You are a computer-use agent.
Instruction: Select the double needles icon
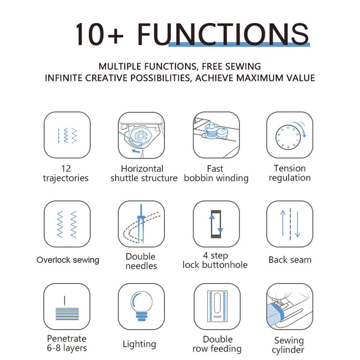[x=141, y=224]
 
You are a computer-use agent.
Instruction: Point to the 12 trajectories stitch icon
[x=67, y=135]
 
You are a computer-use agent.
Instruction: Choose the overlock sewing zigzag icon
[x=67, y=224]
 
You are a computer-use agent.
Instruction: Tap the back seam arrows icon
[x=289, y=224]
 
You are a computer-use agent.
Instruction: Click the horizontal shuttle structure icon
[x=141, y=135]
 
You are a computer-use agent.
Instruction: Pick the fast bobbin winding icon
[x=216, y=135]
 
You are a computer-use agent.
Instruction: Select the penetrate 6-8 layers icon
[x=67, y=306]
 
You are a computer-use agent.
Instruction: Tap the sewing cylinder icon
[x=289, y=306]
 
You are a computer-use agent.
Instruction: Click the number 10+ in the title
[x=99, y=34]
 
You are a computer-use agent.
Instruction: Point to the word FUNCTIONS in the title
[x=223, y=34]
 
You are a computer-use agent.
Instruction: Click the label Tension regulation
[x=289, y=173]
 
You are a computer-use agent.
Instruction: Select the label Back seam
[x=290, y=260]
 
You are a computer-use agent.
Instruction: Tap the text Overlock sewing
[x=68, y=260]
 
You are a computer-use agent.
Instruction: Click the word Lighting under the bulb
[x=139, y=344]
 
